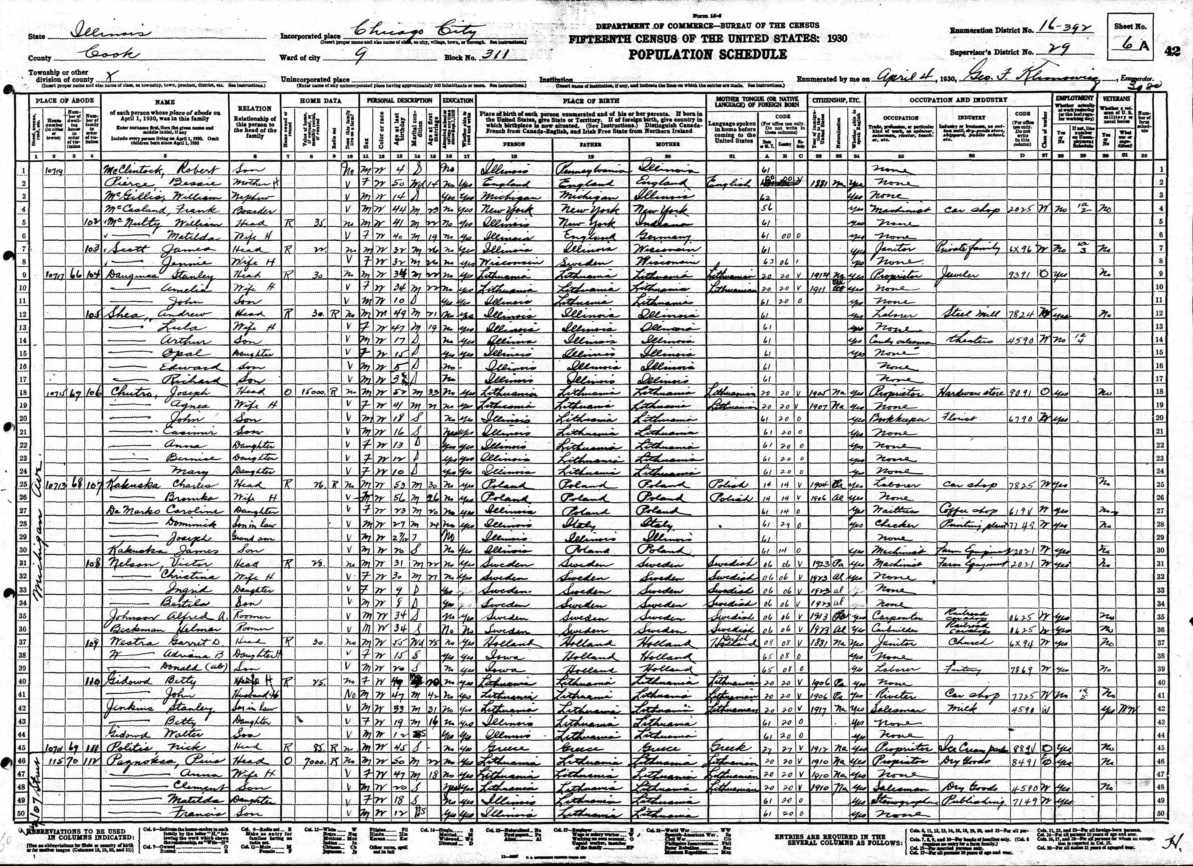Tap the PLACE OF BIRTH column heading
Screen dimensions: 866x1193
coord(591,100)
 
